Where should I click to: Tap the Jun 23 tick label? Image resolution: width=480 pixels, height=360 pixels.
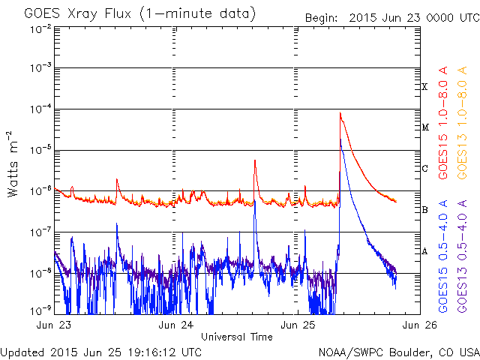pyautogui.click(x=54, y=325)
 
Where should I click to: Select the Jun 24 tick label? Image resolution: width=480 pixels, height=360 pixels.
pyautogui.click(x=177, y=325)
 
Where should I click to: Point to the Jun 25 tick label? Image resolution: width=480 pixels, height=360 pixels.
pyautogui.click(x=298, y=325)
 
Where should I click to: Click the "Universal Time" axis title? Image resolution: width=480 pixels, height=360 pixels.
pyautogui.click(x=237, y=337)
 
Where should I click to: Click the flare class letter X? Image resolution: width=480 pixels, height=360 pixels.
pyautogui.click(x=424, y=87)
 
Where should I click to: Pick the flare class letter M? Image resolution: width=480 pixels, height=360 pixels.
pyautogui.click(x=424, y=127)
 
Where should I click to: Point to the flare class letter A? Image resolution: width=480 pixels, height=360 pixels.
pyautogui.click(x=424, y=251)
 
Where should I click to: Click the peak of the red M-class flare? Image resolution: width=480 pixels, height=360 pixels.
pyautogui.click(x=340, y=113)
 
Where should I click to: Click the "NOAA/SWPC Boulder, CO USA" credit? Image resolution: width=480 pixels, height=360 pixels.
pyautogui.click(x=397, y=352)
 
